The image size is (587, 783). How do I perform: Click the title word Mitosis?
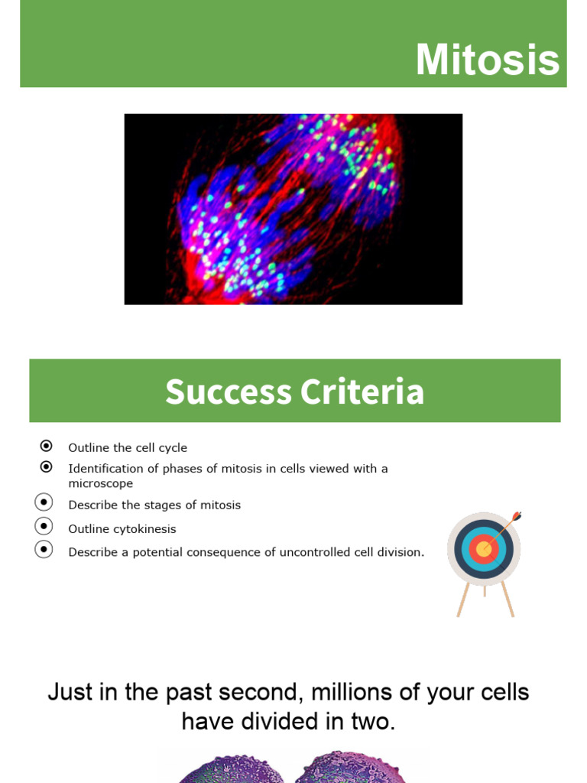(487, 60)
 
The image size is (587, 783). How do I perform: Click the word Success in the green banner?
(228, 391)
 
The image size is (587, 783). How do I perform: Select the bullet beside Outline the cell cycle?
(46, 446)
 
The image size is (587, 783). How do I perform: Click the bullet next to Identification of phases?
(46, 466)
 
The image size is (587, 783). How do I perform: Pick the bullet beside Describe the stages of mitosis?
(44, 502)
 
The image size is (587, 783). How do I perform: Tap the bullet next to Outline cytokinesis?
(44, 526)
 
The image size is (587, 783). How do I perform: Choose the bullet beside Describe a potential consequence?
(44, 549)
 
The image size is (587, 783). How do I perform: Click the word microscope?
(100, 484)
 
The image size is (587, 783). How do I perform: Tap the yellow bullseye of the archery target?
(483, 549)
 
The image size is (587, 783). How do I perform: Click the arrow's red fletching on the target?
(517, 516)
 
